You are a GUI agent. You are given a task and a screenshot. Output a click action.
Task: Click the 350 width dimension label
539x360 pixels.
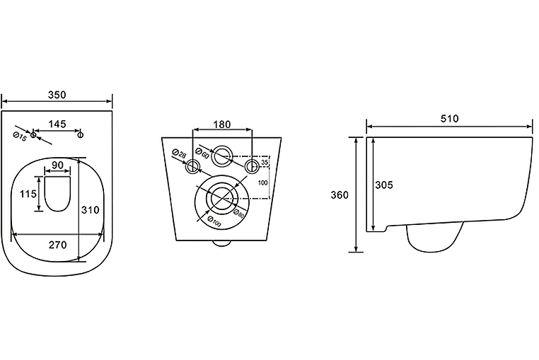(57, 95)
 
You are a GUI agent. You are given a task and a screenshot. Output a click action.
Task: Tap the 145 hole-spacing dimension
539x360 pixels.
(57, 124)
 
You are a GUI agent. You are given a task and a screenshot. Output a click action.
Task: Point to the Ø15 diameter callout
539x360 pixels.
(20, 137)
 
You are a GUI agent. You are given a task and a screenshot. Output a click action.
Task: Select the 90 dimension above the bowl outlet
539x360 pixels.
(57, 165)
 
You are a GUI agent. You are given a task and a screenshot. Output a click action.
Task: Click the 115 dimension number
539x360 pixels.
(28, 194)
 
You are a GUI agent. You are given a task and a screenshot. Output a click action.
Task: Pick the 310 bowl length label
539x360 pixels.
(90, 209)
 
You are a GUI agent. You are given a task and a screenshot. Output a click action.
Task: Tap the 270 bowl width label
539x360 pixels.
(58, 245)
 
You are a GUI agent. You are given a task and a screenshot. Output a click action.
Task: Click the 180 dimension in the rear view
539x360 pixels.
(222, 124)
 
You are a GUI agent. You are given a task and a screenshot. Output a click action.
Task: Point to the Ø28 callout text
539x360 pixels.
(178, 153)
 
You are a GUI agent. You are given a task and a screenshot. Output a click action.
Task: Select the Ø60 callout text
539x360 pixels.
(202, 153)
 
